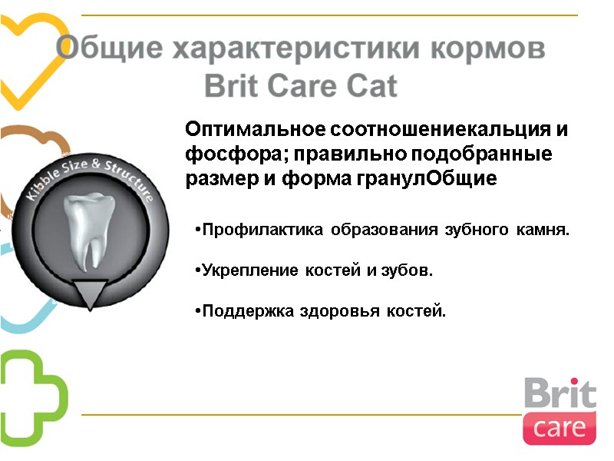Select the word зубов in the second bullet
coord(411,271)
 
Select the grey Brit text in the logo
coord(560,394)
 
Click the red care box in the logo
coord(560,427)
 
